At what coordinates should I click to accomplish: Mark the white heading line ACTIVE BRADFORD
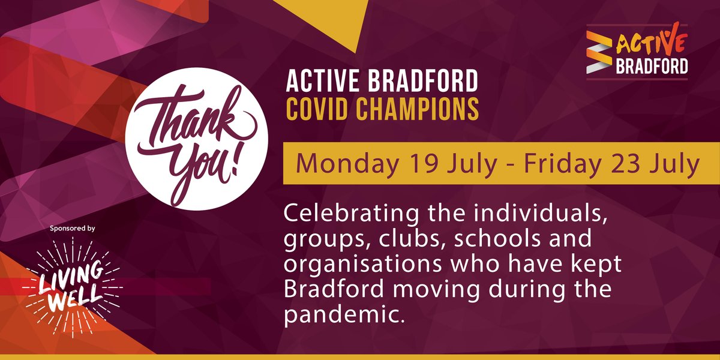pos(382,82)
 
